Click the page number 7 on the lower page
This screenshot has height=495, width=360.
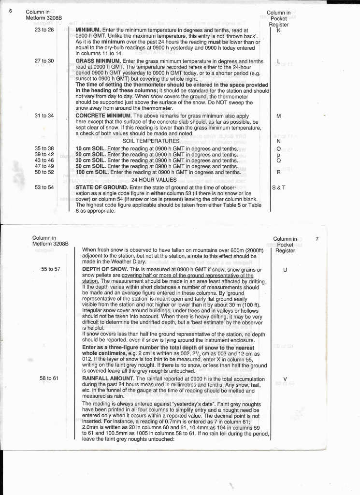pyautogui.click(x=317, y=239)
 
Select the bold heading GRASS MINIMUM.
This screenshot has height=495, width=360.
pyautogui.click(x=99, y=61)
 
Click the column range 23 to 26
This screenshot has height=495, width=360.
pyautogui.click(x=44, y=30)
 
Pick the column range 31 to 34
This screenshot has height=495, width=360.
pyautogui.click(x=44, y=116)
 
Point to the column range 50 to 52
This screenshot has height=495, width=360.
pyautogui.click(x=44, y=172)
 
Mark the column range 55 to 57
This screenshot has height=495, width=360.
pyautogui.click(x=50, y=269)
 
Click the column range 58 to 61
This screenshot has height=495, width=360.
pyautogui.click(x=49, y=378)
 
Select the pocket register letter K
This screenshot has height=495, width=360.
pyautogui.click(x=279, y=30)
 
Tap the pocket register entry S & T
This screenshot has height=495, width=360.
pyautogui.click(x=279, y=187)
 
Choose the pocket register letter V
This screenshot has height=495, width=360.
pyautogui.click(x=285, y=379)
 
